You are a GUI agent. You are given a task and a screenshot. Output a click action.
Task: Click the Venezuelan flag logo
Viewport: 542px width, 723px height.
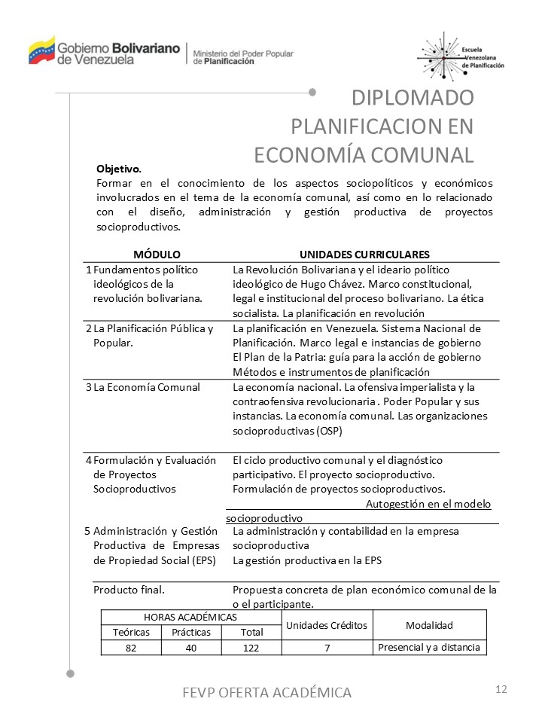tap(42, 50)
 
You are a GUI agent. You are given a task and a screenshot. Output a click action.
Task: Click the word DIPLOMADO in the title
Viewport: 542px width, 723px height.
tap(413, 98)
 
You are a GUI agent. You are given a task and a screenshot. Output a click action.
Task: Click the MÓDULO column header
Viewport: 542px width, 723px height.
tap(157, 255)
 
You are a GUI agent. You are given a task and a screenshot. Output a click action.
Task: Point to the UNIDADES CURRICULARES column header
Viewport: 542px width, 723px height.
tap(364, 255)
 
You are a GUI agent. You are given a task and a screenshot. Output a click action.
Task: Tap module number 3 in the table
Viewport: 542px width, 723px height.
tap(89, 387)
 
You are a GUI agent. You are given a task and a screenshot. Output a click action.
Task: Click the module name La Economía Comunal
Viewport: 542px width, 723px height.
tap(147, 387)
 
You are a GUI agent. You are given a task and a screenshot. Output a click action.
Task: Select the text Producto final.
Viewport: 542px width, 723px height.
tap(129, 589)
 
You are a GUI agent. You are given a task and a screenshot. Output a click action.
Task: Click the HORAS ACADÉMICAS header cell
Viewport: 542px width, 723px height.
tap(190, 617)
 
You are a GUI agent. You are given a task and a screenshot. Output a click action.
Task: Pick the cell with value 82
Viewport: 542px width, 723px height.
tap(131, 648)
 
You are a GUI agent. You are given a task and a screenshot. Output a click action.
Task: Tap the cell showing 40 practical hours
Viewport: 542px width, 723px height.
tap(190, 648)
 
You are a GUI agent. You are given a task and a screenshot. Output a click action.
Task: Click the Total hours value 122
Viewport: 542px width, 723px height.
tap(251, 648)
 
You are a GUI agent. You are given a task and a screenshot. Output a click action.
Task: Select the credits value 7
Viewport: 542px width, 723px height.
tap(327, 648)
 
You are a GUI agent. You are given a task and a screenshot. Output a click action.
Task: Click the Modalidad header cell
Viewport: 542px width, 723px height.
tap(429, 625)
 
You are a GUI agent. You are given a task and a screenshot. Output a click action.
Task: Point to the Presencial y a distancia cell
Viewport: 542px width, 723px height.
tap(429, 647)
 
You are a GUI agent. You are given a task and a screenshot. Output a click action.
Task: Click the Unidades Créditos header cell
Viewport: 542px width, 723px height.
tap(327, 625)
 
